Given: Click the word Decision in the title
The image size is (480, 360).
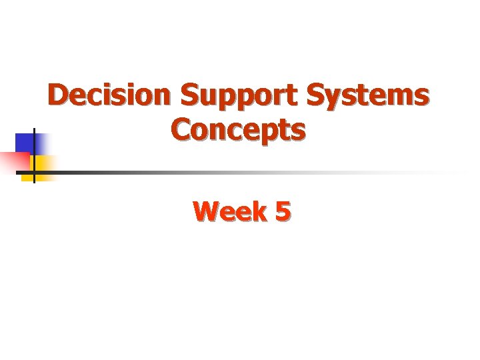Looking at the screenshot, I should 110,95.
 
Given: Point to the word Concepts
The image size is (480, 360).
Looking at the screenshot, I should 239,129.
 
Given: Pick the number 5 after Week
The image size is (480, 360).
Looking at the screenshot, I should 281,212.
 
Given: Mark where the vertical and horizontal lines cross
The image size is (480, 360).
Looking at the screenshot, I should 33,172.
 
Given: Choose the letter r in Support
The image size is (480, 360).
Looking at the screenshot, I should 278,97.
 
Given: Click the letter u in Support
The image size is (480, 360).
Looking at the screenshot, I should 206,97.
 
